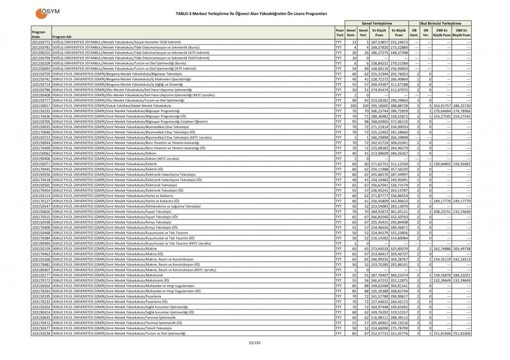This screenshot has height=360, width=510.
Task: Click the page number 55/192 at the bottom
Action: point(255,344)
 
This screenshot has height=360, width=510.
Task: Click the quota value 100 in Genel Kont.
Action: point(352,105)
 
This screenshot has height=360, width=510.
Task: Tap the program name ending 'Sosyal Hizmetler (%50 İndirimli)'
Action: point(117,41)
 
